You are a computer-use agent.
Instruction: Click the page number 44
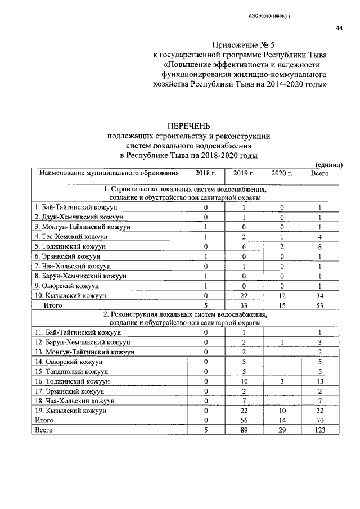(x=339, y=29)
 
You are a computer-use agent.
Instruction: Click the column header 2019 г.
(x=241, y=173)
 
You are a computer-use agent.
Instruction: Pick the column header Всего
(x=319, y=173)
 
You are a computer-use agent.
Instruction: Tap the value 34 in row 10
(x=319, y=295)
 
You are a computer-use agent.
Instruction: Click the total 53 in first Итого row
(x=319, y=305)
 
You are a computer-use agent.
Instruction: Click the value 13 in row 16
(x=319, y=381)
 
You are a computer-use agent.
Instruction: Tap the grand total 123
(x=319, y=430)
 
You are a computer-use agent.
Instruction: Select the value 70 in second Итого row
(x=319, y=420)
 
